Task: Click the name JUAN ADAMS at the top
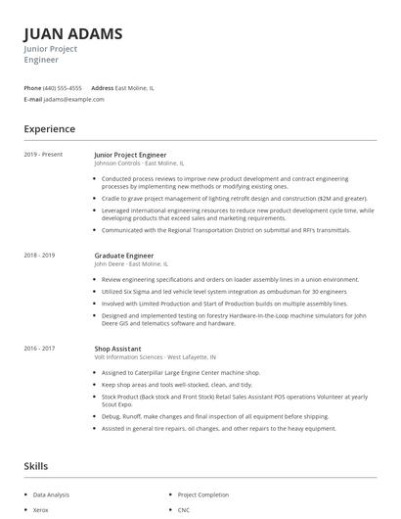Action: pos(73,33)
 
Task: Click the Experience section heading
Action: pos(49,128)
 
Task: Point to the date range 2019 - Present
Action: pos(44,155)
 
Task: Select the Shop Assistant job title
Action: pos(117,348)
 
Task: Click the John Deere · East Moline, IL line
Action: pos(131,263)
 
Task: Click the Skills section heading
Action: pos(36,466)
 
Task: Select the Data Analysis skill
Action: pos(52,495)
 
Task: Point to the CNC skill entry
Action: pos(183,510)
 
